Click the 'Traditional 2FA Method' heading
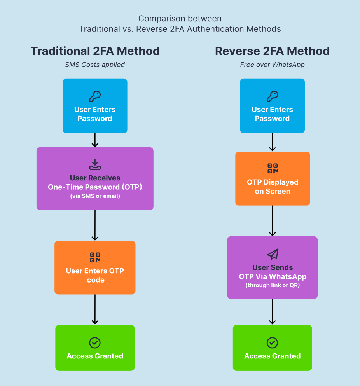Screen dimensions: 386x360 point(95,51)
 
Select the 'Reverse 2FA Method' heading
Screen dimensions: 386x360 point(272,51)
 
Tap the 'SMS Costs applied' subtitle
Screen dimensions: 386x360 point(95,65)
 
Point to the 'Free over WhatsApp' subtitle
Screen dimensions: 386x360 point(272,65)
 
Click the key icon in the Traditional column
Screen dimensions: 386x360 point(95,96)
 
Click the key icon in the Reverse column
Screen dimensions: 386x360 point(272,96)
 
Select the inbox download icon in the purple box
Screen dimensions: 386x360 point(95,164)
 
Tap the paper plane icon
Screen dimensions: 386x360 point(273,254)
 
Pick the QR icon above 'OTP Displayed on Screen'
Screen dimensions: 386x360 point(273,169)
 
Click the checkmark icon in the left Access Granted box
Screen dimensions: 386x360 point(95,342)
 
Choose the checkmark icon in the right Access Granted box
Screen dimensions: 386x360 point(272,342)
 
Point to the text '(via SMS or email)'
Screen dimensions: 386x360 point(95,196)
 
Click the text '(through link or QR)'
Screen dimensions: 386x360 point(273,286)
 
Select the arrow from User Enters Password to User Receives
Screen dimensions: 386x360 point(95,140)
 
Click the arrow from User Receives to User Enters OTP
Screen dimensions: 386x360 point(95,225)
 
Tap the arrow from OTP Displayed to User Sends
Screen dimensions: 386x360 point(273,221)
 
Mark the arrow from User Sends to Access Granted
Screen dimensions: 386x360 point(273,312)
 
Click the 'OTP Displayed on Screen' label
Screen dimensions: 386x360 point(273,187)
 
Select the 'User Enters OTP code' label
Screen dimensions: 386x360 point(95,275)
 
